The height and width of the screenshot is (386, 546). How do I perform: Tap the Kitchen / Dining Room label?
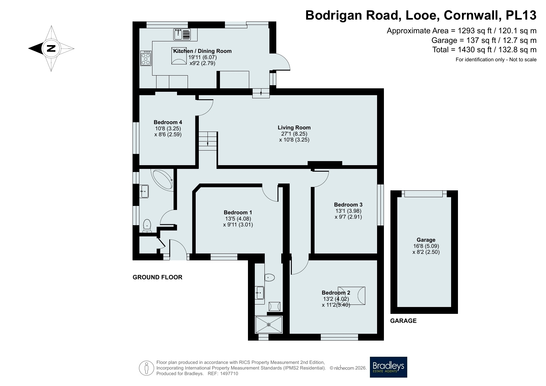coord(202,51)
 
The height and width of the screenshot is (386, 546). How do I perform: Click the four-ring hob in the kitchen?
coord(146,58)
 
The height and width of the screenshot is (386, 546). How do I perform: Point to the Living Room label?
coord(294,128)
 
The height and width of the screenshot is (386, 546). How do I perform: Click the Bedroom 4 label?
coord(168,122)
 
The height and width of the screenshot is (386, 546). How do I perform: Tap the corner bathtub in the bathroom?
coord(162,179)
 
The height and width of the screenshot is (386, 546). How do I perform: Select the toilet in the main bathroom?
coord(147,226)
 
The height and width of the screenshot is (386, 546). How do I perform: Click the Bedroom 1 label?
coord(238,212)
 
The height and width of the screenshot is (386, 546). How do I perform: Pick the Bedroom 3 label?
coord(348,205)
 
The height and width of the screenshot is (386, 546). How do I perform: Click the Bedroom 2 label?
coord(336,293)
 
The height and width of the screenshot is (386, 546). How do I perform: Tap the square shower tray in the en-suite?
coord(269,325)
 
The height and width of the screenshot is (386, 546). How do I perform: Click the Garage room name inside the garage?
coord(426,240)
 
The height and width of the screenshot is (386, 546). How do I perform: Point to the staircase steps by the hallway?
coord(208,141)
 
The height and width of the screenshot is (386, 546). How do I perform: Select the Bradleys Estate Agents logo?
coord(389,367)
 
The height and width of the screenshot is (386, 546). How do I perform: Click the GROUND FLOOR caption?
coord(157,277)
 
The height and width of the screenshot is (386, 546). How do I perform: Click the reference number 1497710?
coord(229,374)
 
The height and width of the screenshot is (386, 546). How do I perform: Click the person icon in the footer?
coord(147,368)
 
